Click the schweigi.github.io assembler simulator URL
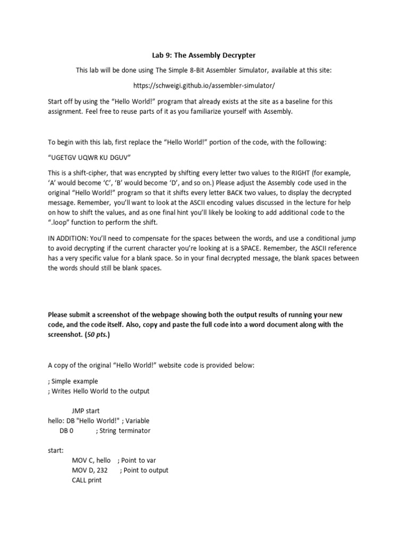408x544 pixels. (x=204, y=85)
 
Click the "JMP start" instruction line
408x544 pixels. (x=86, y=411)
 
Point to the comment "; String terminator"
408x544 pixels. (x=123, y=431)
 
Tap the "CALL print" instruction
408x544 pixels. (x=87, y=480)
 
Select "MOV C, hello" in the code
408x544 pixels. (x=91, y=461)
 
